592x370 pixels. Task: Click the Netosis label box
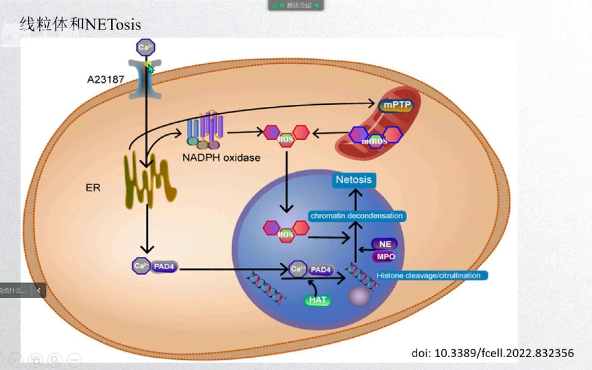coord(354,180)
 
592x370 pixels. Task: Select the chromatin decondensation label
coord(357,216)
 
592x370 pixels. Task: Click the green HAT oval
coord(318,300)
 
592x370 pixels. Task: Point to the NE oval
coord(385,244)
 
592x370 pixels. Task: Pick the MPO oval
coord(385,256)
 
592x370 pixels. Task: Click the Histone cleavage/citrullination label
coord(429,275)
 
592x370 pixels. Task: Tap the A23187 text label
coord(106,80)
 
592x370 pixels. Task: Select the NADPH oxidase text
coord(221,158)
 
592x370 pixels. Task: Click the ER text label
coord(93,188)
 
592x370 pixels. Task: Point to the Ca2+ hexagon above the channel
coord(145,48)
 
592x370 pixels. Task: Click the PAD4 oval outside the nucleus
coord(164,267)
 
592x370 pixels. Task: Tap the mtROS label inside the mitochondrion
coord(375,141)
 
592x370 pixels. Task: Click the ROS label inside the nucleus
coord(285,235)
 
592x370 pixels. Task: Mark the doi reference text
coord(492,353)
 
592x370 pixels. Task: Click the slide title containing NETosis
coord(80,24)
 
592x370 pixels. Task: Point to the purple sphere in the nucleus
coord(359,297)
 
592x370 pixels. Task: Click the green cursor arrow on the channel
coord(151,68)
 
